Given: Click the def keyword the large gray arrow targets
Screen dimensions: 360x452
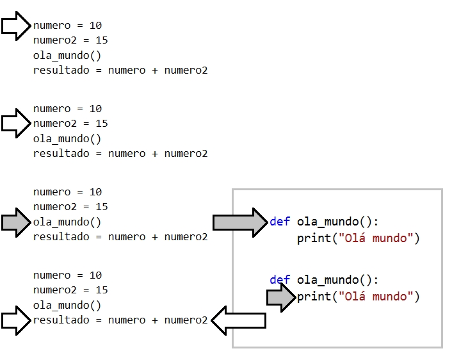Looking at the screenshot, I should point(280,222).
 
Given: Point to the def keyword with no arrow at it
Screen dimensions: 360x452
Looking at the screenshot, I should point(280,280).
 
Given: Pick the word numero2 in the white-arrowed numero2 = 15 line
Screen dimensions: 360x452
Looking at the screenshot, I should point(54,123).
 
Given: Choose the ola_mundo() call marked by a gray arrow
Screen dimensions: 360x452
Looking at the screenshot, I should point(67,222).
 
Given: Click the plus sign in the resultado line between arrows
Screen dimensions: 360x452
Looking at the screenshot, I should point(155,320).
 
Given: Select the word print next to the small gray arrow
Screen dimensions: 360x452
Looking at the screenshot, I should point(314,297).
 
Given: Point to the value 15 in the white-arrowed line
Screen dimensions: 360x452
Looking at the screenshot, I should point(101,123).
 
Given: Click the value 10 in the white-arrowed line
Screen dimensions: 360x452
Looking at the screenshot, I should point(95,26).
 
